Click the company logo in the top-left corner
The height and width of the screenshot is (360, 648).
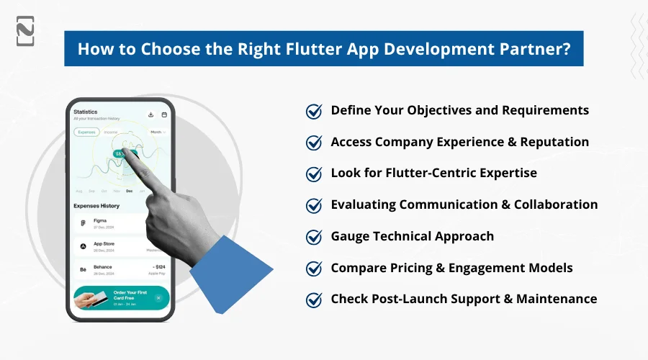coord(24,31)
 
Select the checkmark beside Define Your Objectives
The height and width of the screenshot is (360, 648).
coord(314,111)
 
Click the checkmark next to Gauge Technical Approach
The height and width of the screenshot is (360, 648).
coord(314,237)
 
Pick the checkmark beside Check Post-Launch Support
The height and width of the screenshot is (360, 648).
coord(314,300)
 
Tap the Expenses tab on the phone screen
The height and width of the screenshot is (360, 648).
coord(86,132)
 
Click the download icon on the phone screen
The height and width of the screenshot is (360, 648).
coord(151,114)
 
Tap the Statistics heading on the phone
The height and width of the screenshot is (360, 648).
coord(86,112)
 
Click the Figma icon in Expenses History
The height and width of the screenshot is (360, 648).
coord(83,223)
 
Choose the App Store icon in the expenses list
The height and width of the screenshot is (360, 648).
coord(83,246)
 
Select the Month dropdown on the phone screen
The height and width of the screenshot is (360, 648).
coord(157,132)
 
